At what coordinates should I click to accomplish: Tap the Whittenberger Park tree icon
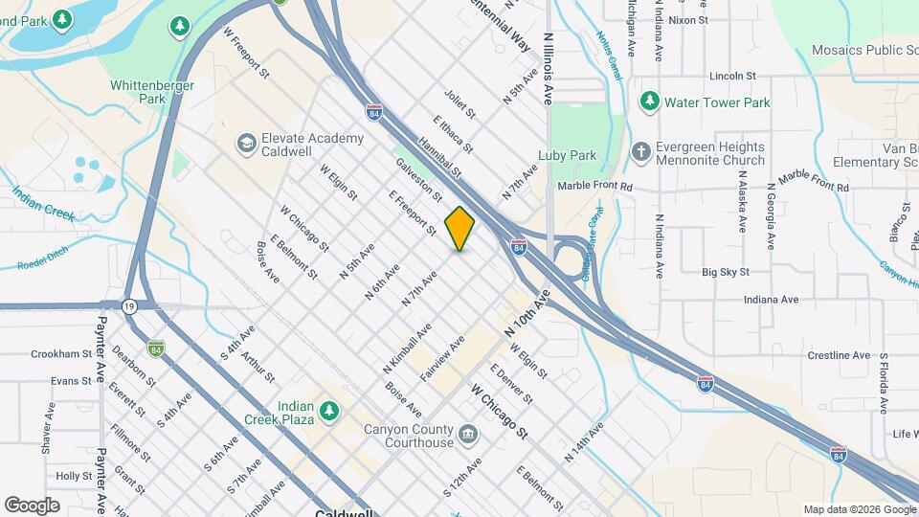(x=177, y=27)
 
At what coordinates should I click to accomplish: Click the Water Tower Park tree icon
(x=649, y=101)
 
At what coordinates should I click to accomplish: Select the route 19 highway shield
(x=128, y=306)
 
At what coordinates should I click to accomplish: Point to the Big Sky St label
(x=725, y=272)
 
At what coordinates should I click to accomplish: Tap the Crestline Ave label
(x=812, y=355)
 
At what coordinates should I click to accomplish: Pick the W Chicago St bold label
(x=499, y=412)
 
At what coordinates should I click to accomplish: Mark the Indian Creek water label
(x=43, y=204)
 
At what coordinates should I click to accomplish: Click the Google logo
(x=32, y=505)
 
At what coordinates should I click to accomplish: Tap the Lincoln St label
(x=732, y=76)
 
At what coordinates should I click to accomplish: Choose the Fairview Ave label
(x=442, y=359)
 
